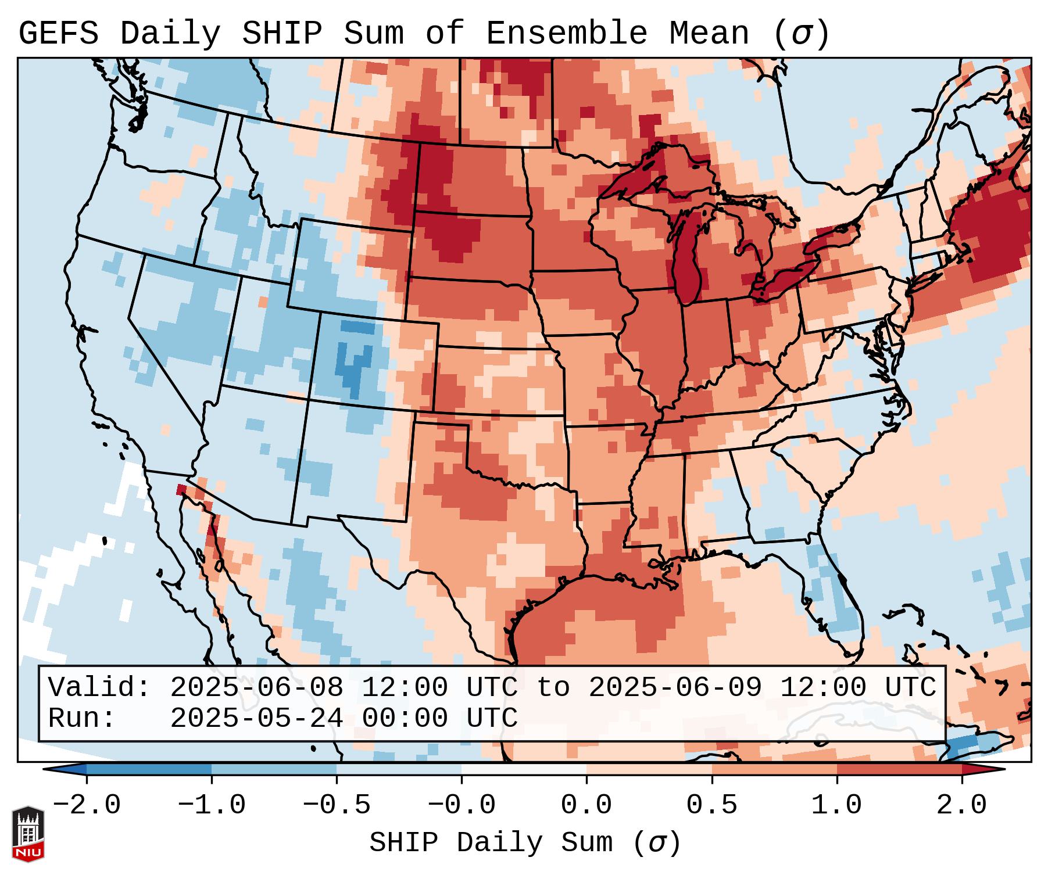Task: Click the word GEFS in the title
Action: (x=58, y=34)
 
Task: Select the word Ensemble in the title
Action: (x=566, y=34)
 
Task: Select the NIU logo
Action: (x=28, y=834)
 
